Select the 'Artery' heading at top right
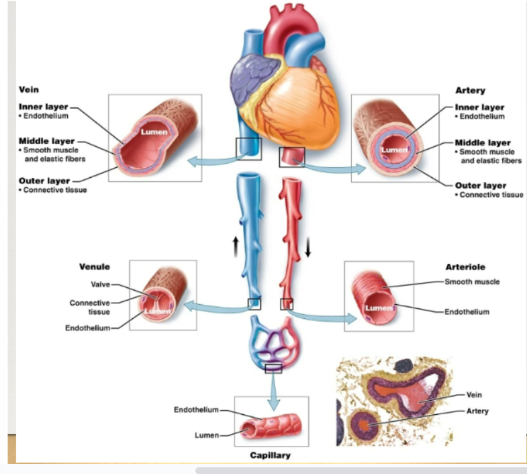point(470,91)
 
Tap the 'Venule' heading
point(95,267)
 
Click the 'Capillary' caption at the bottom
point(271,455)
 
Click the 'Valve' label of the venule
point(100,285)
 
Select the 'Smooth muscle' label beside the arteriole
point(472,282)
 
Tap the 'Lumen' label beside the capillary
point(207,435)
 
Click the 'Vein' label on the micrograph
point(474,395)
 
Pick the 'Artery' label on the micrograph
point(477,411)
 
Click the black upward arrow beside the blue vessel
point(235,246)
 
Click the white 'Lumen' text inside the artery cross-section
point(395,150)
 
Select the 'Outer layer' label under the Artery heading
point(480,185)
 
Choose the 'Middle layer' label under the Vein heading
point(46,142)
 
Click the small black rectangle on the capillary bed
point(273,368)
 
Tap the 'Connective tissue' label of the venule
point(90,307)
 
